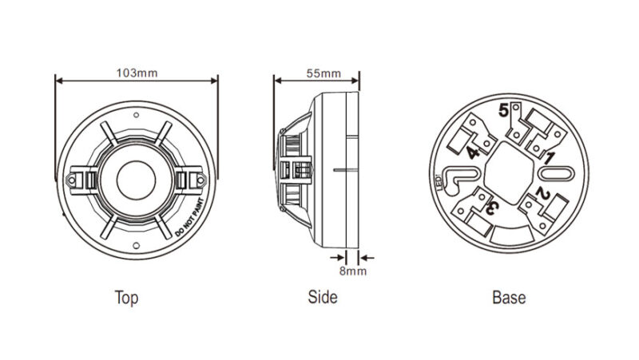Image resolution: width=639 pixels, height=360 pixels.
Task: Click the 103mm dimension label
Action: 137,73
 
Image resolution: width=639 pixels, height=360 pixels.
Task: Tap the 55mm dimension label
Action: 323,73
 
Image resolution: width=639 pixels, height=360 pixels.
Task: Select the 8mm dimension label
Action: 353,271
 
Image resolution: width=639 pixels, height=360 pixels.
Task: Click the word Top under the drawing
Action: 126,298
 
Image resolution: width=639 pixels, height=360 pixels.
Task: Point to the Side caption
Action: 323,297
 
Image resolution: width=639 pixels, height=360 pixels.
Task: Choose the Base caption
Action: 509,297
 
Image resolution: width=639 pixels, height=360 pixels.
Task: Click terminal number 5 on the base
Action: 504,110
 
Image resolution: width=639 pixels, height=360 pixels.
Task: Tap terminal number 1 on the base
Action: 550,158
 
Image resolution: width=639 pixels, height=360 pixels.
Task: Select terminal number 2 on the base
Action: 543,193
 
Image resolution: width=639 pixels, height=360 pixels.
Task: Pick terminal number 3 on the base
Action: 492,208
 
